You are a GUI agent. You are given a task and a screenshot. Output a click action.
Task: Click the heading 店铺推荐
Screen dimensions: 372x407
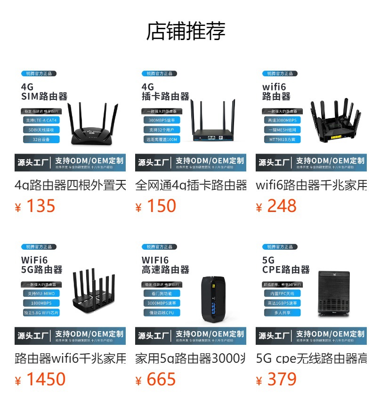[186, 31]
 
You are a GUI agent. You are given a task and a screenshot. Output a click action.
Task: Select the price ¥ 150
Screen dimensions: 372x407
[156, 206]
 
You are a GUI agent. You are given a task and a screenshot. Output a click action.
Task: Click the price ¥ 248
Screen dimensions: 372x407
[276, 206]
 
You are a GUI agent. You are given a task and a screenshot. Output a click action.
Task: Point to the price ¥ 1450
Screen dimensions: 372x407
[40, 380]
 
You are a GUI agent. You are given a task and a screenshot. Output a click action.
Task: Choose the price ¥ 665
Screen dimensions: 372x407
[156, 380]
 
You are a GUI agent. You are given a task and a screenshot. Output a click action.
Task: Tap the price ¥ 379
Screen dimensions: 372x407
[276, 380]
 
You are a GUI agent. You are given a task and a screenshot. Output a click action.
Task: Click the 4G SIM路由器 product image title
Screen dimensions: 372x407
[44, 92]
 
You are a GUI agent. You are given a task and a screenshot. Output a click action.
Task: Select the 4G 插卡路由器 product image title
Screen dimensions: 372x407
[165, 92]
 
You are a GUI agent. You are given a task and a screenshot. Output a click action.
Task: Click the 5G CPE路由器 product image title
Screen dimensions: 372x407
[286, 265]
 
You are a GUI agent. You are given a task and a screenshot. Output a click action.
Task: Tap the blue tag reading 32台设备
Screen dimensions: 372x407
[41, 139]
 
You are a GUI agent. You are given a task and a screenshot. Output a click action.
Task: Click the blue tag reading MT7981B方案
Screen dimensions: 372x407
[282, 139]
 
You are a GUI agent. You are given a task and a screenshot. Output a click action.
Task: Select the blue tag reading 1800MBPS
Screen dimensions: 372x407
[41, 303]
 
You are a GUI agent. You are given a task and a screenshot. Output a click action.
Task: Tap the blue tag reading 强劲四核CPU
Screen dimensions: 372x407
[162, 313]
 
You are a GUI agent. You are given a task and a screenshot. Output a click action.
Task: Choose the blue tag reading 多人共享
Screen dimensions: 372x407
[282, 313]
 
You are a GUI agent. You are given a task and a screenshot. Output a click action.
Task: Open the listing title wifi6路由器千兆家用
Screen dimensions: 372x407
[311, 185]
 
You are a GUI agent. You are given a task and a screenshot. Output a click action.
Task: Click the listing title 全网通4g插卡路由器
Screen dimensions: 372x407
[191, 185]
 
